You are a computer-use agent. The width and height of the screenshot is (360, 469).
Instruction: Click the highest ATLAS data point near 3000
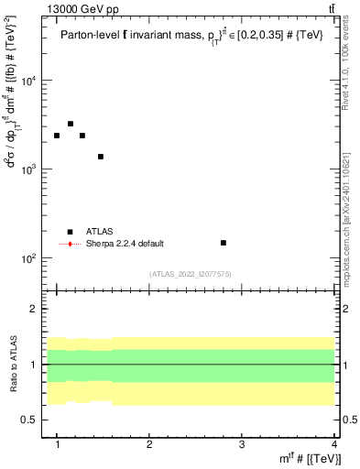pyautogui.click(x=71, y=124)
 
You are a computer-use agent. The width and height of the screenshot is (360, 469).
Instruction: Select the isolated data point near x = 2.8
pyautogui.click(x=224, y=243)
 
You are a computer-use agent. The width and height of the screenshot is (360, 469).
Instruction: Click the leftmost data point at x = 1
pyautogui.click(x=57, y=136)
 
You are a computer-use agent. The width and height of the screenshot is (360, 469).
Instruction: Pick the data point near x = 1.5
pyautogui.click(x=101, y=157)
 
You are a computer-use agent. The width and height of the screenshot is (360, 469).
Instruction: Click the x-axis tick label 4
pyautogui.click(x=334, y=443)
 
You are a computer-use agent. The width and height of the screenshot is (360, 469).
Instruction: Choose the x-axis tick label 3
pyautogui.click(x=242, y=443)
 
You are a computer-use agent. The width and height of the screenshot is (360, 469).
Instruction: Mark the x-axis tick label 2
pyautogui.click(x=149, y=443)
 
